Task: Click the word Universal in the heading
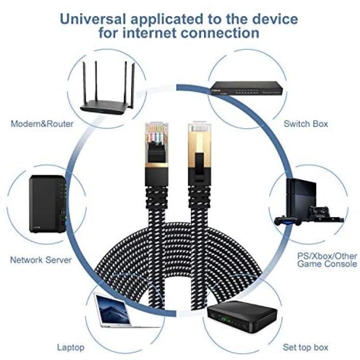93,19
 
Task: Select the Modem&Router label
42,124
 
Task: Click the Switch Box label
306,124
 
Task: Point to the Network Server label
41,260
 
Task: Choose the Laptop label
71,348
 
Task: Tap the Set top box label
305,347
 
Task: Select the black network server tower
48,204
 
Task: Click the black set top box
242,316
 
